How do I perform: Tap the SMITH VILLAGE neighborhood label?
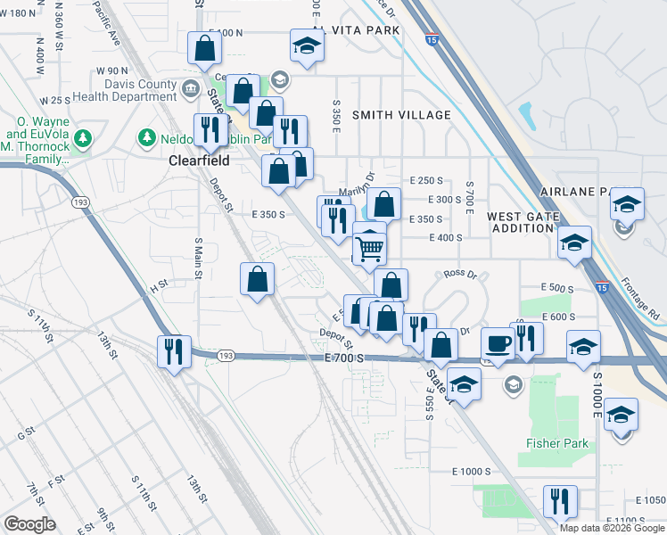point(400,115)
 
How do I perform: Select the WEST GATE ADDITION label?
point(523,222)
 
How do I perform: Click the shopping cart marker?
point(369,250)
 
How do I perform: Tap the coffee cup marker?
point(497,343)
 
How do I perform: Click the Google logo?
point(29,524)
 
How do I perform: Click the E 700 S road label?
point(345,358)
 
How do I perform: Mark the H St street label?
point(158,287)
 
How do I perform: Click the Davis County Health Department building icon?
point(190,89)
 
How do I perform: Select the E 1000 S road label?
point(472,471)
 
